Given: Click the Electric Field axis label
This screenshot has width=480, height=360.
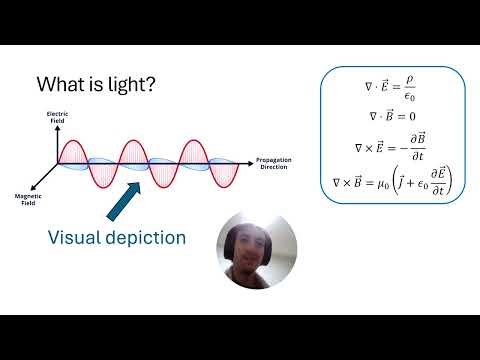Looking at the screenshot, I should click(x=56, y=119).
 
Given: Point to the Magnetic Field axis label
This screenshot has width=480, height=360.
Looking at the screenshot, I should click(x=26, y=199).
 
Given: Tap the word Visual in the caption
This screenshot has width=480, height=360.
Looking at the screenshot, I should click(x=83, y=238).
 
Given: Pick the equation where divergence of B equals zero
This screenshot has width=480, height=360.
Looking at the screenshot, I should click(x=392, y=116).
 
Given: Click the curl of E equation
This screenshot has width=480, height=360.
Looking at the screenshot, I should click(x=392, y=148).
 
